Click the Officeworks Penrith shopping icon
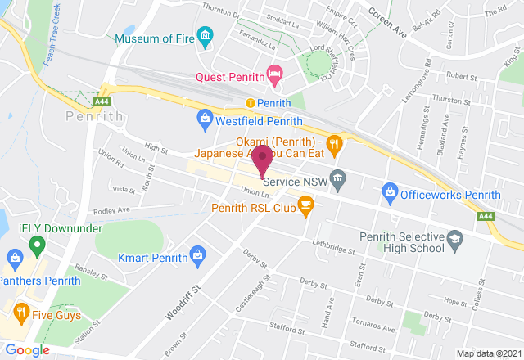[x=390, y=194]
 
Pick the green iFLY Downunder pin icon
[x=35, y=245]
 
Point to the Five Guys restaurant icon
[x=20, y=311]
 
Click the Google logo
[x=27, y=350]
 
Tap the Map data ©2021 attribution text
[x=488, y=353]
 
